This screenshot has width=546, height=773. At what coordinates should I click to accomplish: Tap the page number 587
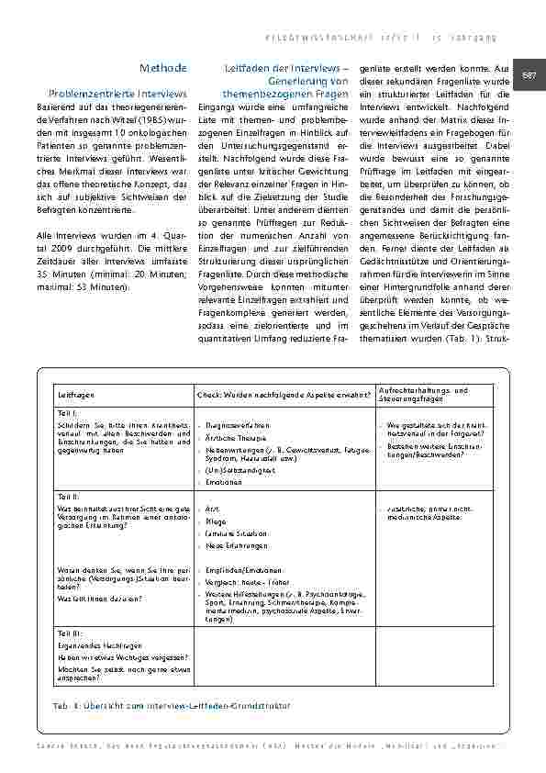(x=530, y=74)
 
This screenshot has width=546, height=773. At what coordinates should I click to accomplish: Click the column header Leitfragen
(x=73, y=395)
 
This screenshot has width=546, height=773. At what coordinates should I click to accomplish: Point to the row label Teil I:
(x=68, y=414)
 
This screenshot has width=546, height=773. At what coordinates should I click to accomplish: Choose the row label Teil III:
(x=70, y=633)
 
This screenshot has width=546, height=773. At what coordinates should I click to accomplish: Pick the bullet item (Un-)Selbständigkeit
(x=237, y=468)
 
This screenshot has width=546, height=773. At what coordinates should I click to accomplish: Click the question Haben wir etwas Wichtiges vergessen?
(x=123, y=656)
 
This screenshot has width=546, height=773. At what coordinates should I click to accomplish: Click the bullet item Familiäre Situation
(x=238, y=532)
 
